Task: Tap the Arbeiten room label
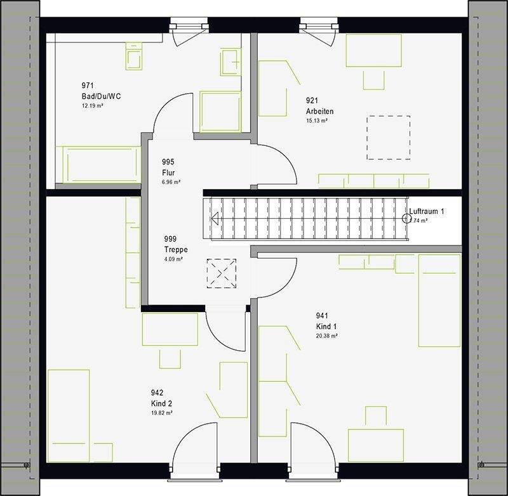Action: pos(319,111)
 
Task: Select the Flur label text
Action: pos(168,173)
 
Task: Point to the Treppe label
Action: pos(176,249)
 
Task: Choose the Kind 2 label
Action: pos(161,403)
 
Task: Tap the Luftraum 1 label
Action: pos(427,211)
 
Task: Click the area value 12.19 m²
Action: pos(93,106)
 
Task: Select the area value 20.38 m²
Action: pos(326,336)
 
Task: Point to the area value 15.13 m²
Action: pos(316,121)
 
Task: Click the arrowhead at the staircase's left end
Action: pos(215,219)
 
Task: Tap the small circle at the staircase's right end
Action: pos(406,219)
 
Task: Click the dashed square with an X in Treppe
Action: pos(222,273)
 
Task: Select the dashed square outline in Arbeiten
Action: pos(388,137)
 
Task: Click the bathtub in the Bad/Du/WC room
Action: pos(98,164)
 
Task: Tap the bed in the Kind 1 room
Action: pos(439,301)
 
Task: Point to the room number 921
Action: pos(312,100)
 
